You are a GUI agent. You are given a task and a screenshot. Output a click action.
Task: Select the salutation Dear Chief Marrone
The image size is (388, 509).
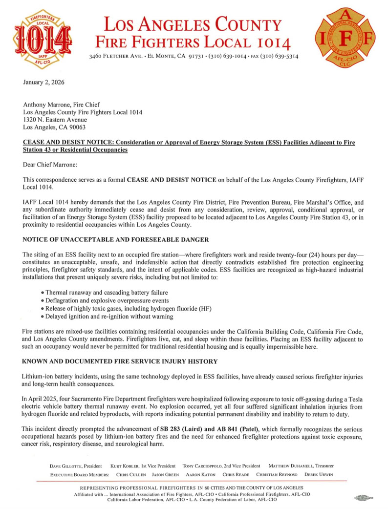coord(52,165)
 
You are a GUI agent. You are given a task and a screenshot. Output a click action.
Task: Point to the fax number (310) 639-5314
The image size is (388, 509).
coord(281,56)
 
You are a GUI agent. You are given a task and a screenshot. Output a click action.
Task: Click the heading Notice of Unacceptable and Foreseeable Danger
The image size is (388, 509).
coord(116,240)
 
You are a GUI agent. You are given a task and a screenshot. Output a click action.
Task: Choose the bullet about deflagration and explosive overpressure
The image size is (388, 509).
coord(106,300)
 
